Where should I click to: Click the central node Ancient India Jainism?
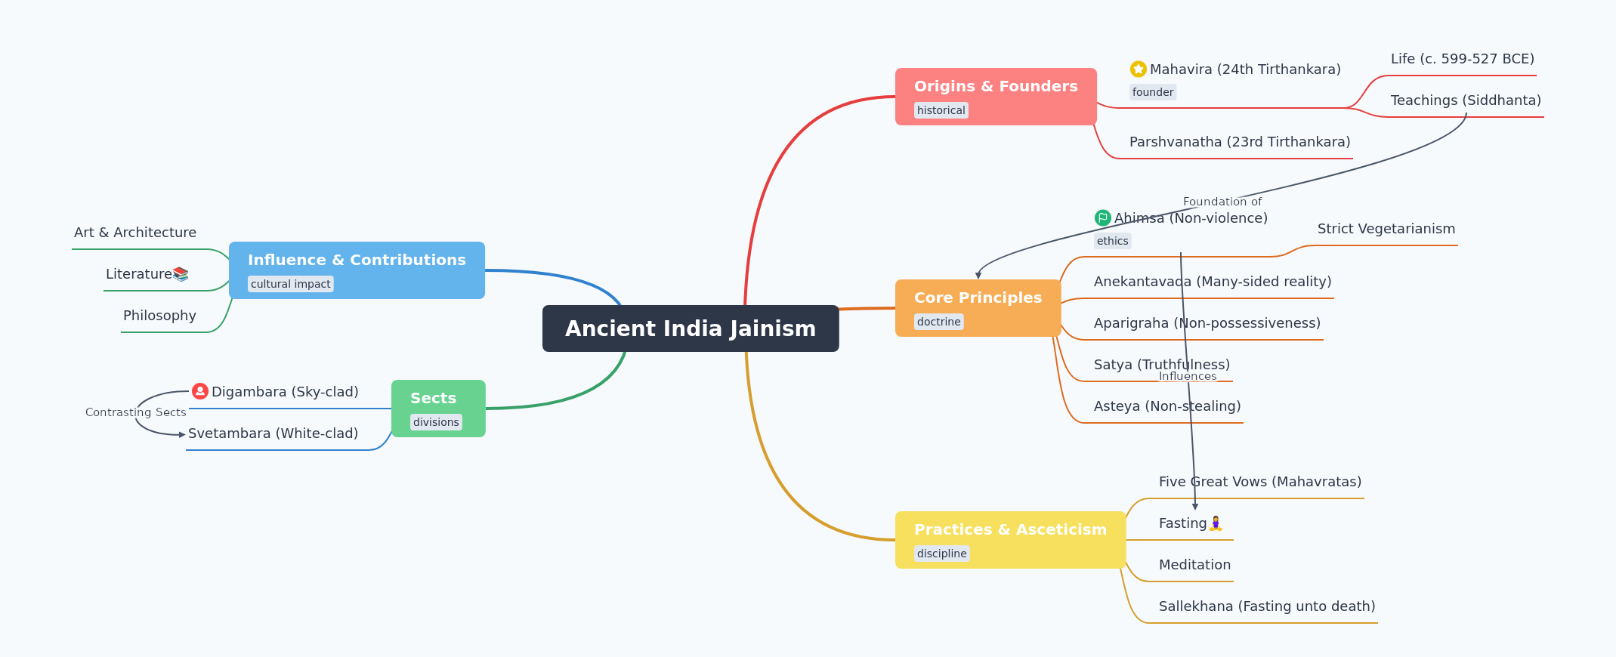tap(691, 328)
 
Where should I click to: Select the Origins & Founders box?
tap(996, 97)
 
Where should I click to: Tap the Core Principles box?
tap(978, 308)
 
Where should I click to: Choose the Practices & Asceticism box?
tap(1010, 540)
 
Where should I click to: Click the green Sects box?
tap(438, 409)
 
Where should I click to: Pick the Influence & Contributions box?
tap(357, 270)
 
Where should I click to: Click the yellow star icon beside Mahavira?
tap(1139, 69)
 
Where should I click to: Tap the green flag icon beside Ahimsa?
tap(1103, 218)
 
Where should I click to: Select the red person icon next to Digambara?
tap(200, 391)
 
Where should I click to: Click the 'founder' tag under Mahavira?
tap(1153, 92)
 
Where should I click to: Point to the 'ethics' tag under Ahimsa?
tap(1112, 241)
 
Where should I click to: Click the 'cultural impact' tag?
tap(291, 284)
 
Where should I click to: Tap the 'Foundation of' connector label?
tap(1222, 202)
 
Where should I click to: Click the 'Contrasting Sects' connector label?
tap(136, 412)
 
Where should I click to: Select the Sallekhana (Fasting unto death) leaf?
tap(1267, 606)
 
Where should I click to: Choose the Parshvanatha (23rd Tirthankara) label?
tap(1240, 142)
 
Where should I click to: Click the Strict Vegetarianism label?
tap(1386, 229)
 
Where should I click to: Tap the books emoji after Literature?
tap(181, 274)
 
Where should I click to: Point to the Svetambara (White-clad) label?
tap(273, 433)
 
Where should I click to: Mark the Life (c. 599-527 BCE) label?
tap(1463, 59)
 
